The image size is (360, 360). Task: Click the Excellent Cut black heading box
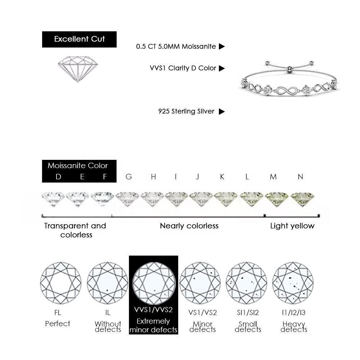click(x=79, y=39)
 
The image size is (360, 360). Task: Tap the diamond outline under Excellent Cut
click(x=78, y=69)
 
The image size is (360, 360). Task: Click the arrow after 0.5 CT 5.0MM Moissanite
click(x=222, y=46)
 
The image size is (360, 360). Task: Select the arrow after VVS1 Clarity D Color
click(x=222, y=68)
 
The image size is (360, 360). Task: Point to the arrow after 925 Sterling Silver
click(x=222, y=111)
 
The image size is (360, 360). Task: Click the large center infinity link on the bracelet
click(x=287, y=91)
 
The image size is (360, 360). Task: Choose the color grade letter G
click(x=129, y=176)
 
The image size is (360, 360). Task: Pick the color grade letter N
click(x=300, y=176)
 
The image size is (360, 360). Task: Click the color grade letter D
click(x=58, y=176)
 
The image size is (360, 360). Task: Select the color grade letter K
click(x=222, y=176)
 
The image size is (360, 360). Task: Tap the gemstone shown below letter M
click(x=276, y=199)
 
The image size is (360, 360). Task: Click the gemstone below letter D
click(x=53, y=199)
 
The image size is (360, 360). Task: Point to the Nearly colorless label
click(x=189, y=226)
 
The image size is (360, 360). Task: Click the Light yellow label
click(x=292, y=226)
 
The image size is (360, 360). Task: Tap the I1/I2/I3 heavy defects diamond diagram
click(x=293, y=283)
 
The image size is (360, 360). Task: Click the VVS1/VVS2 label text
click(x=153, y=310)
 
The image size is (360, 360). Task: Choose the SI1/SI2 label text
click(x=248, y=312)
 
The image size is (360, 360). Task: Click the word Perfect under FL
click(x=58, y=324)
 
